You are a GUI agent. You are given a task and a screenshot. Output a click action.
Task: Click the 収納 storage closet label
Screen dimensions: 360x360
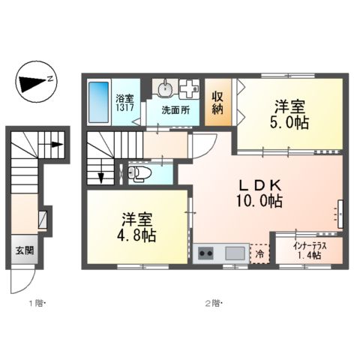pyautogui.click(x=217, y=103)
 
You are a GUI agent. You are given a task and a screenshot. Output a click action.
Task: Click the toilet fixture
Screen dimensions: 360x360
pyautogui.click(x=137, y=174)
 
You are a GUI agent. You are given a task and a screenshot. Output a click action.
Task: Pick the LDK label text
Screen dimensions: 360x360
pyautogui.click(x=260, y=184)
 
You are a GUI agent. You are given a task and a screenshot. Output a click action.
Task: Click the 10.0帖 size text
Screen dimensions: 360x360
pyautogui.click(x=260, y=202)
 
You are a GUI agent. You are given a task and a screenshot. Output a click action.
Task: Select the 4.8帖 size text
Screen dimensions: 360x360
pyautogui.click(x=135, y=236)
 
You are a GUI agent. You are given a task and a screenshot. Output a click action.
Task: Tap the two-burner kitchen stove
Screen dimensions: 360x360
pyautogui.click(x=205, y=253)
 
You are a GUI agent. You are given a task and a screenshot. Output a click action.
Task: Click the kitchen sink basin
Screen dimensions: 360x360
pyautogui.click(x=235, y=253)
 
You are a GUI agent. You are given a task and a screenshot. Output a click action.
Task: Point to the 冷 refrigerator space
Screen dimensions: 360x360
pyautogui.click(x=259, y=253)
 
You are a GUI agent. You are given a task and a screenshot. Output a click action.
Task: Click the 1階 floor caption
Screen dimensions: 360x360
pyautogui.click(x=37, y=304)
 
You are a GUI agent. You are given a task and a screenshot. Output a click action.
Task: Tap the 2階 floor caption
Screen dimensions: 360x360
pyautogui.click(x=215, y=304)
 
